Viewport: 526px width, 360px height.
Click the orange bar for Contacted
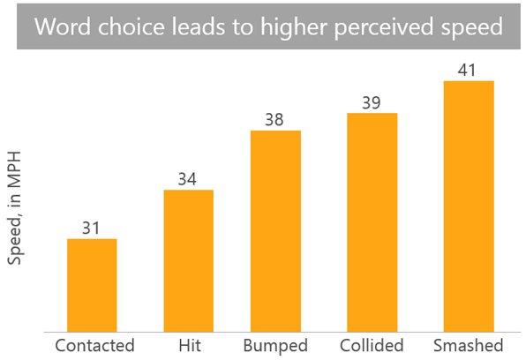point(92,285)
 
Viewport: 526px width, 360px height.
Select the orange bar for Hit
point(188,260)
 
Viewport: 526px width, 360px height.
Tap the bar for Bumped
point(275,231)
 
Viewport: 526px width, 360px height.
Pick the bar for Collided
point(372,222)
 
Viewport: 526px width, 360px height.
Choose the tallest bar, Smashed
point(468,206)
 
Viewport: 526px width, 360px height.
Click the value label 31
point(92,227)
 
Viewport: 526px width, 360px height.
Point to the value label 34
point(188,178)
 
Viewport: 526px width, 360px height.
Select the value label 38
point(275,119)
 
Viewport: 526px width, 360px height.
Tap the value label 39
point(372,101)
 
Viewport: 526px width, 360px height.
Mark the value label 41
point(468,70)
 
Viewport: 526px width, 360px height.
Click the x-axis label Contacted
point(94,345)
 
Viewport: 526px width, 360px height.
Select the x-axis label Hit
point(188,345)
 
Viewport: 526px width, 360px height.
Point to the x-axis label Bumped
point(275,345)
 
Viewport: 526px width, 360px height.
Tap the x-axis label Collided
point(371,345)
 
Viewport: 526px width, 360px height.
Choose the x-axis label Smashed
point(468,345)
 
